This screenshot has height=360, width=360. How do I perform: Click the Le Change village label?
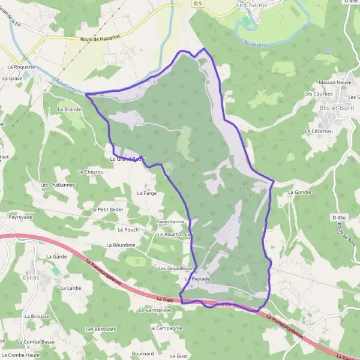click(x=252, y=4)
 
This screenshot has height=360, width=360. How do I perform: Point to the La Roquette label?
click(x=22, y=67)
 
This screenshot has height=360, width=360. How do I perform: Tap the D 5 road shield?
click(x=199, y=4)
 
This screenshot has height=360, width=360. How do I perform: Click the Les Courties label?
click(x=318, y=94)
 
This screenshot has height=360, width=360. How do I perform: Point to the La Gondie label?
click(x=300, y=192)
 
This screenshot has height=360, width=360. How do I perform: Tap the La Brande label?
click(x=69, y=109)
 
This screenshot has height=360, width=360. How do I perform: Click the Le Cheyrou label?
click(x=91, y=172)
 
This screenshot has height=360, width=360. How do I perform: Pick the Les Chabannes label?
click(x=58, y=185)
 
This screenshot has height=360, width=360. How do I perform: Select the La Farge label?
click(x=146, y=193)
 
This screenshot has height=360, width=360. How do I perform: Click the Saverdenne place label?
click(x=170, y=221)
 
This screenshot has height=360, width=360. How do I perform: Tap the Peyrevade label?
click(x=20, y=216)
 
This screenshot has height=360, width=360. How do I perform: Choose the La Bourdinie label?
click(x=121, y=245)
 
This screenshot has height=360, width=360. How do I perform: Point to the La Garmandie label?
click(x=155, y=310)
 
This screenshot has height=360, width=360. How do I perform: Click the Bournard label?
click(x=142, y=354)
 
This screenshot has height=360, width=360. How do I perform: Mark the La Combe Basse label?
click(x=36, y=342)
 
